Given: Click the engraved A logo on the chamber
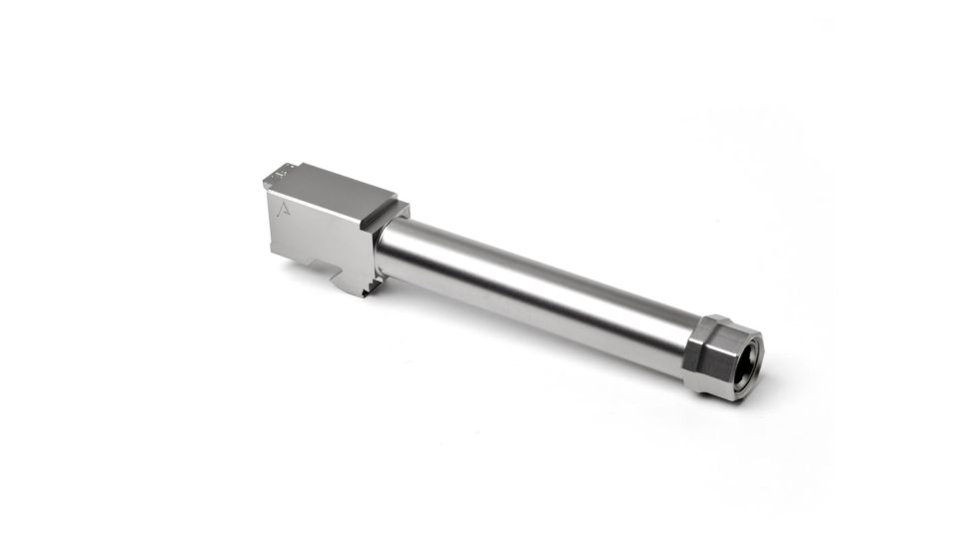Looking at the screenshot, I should pos(283,208).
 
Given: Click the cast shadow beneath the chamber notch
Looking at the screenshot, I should pos(330,283).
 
